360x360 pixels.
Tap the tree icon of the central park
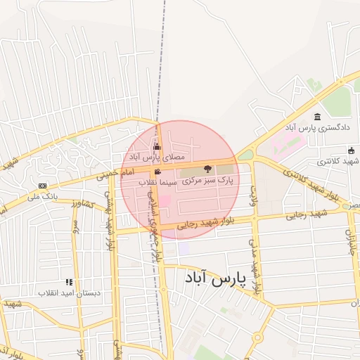pyautogui.click(x=207, y=169)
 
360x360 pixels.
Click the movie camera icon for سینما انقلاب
pyautogui.click(x=157, y=172)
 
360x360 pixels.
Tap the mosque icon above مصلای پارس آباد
pyautogui.click(x=156, y=147)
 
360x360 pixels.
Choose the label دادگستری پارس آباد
pyautogui.click(x=307, y=128)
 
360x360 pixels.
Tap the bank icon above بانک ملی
pyautogui.click(x=43, y=186)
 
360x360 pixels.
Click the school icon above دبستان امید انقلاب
pyautogui.click(x=69, y=281)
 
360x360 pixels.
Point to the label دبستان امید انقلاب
pyautogui.click(x=69, y=292)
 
